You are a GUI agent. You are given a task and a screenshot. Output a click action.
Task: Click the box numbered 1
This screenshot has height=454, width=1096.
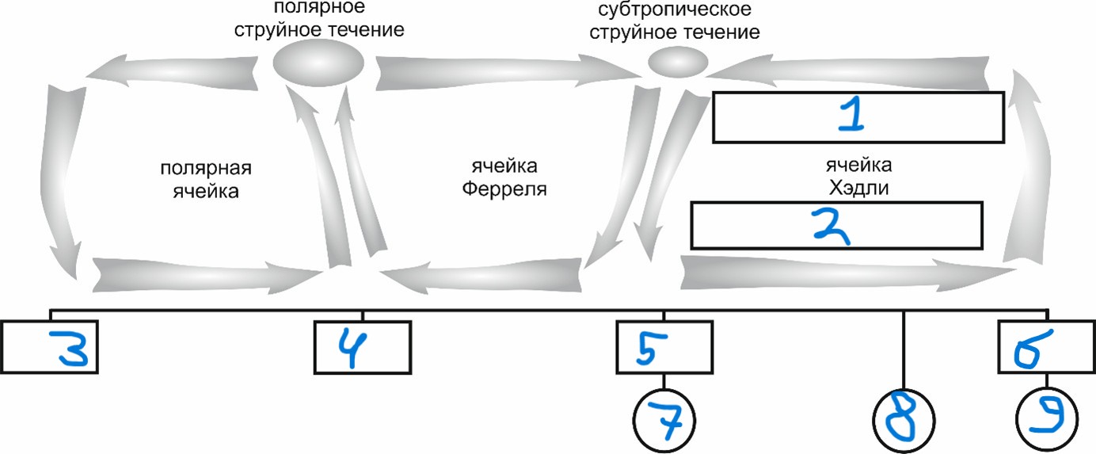858,117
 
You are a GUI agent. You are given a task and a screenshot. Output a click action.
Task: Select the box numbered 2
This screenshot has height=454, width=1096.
837,225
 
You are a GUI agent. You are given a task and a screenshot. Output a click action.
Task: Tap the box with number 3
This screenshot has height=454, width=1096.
48,346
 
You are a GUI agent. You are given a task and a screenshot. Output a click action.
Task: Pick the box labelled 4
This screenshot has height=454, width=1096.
363,346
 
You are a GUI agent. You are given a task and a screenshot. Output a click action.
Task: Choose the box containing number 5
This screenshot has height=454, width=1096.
664,346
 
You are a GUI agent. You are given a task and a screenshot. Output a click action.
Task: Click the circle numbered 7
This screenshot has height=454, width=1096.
664,419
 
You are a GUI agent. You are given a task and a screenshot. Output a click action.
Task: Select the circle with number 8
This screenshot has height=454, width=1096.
904,421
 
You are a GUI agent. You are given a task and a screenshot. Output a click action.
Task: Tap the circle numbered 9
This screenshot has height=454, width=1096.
1046,419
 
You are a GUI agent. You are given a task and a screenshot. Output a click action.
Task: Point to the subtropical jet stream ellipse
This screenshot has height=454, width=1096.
677,62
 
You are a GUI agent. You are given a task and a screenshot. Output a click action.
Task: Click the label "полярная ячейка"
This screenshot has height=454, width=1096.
205,180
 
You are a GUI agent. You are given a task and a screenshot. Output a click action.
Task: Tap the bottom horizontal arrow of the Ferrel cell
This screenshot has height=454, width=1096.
483,275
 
